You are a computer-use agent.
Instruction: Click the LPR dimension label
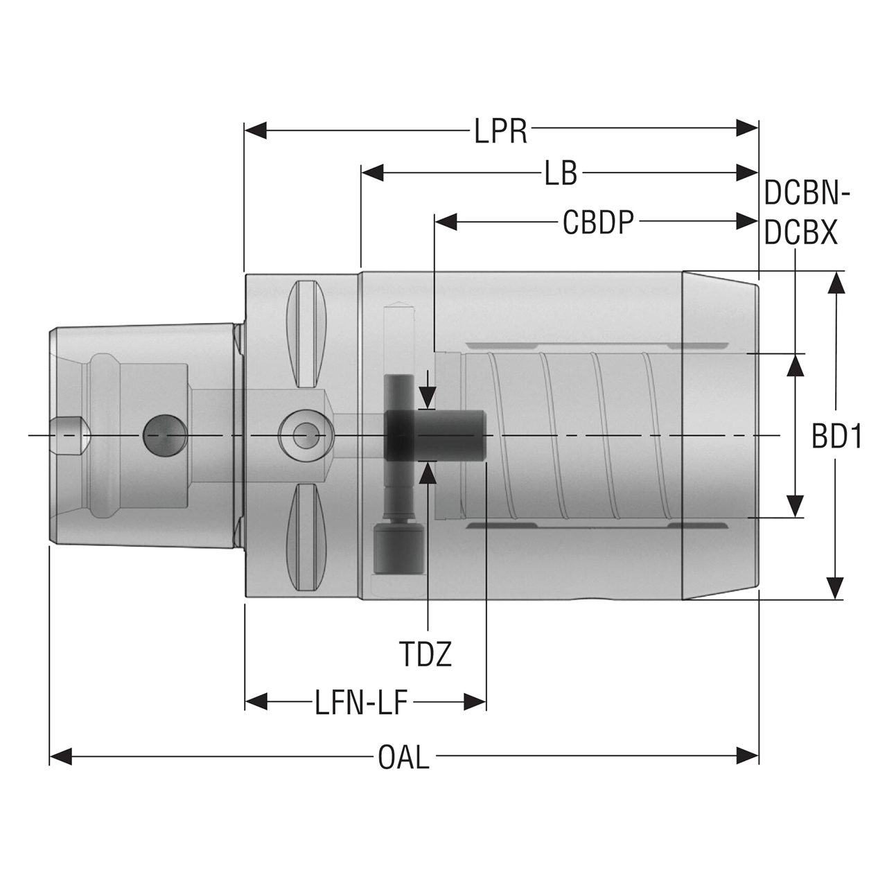click(x=500, y=130)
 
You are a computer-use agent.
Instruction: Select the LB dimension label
click(x=561, y=173)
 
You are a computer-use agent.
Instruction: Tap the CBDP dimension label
click(x=597, y=222)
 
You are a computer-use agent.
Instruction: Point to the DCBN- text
click(x=806, y=193)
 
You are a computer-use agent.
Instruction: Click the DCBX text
click(x=801, y=234)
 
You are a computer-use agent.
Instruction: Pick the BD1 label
click(x=836, y=437)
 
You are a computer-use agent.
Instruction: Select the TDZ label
click(x=425, y=653)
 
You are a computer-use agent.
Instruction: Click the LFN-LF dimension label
click(x=360, y=703)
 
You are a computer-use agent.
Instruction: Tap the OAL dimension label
click(x=403, y=757)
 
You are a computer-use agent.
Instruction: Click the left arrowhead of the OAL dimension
click(x=61, y=756)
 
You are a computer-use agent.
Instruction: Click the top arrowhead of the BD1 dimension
click(x=837, y=283)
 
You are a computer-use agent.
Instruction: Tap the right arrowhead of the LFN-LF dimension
click(x=475, y=702)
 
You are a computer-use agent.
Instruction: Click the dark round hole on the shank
click(x=164, y=436)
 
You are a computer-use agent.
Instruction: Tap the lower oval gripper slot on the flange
click(x=306, y=538)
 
